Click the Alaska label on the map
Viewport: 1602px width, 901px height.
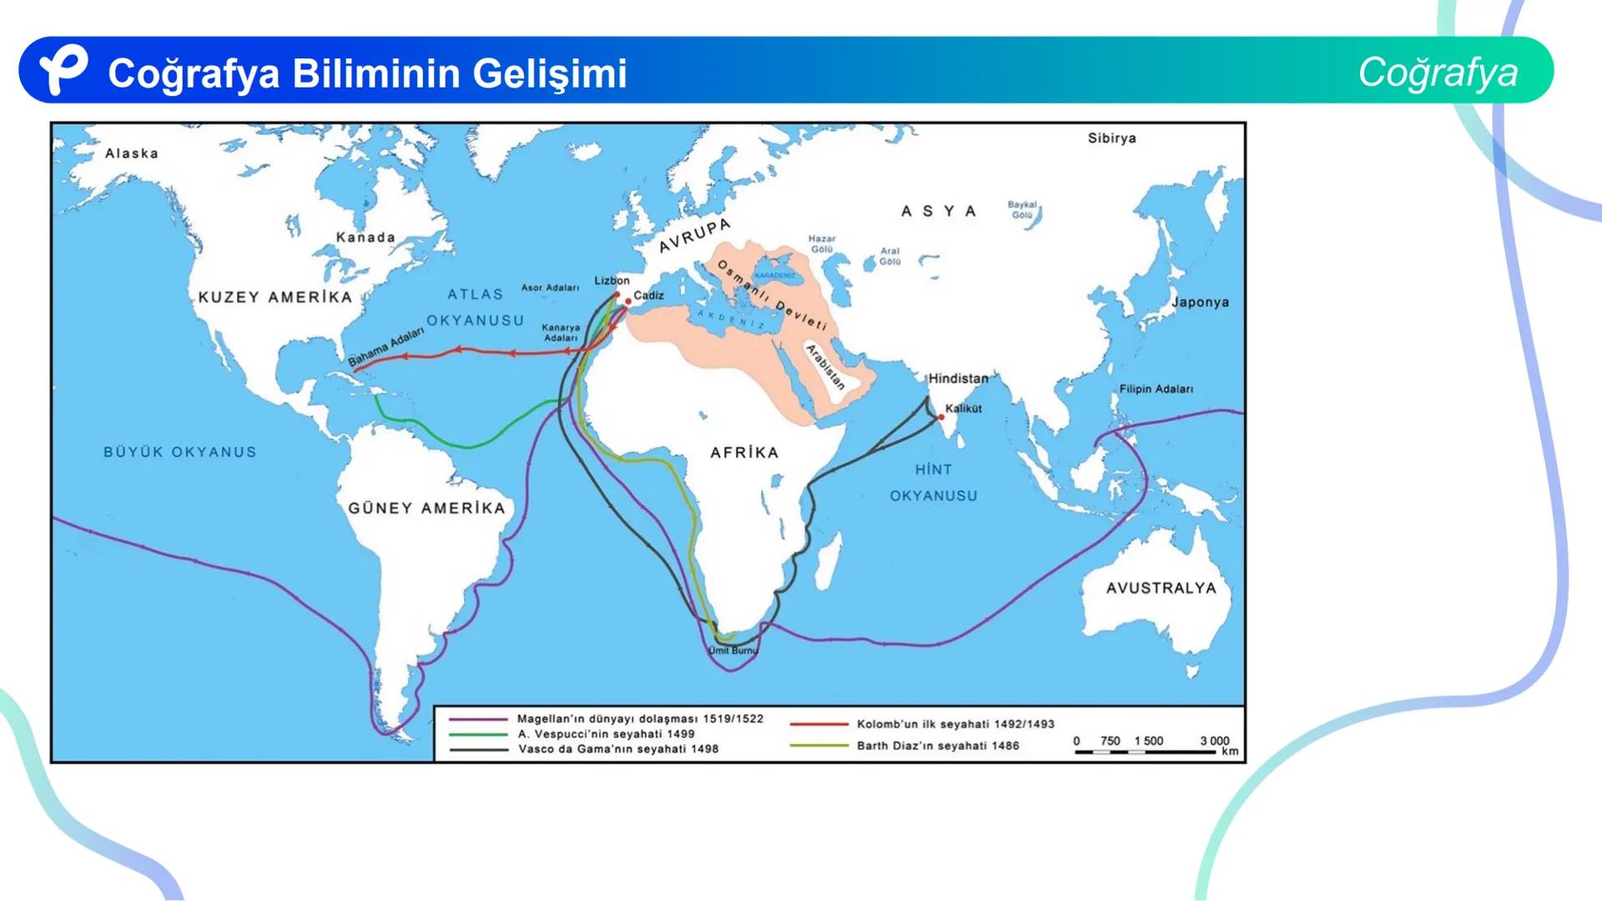pos(131,154)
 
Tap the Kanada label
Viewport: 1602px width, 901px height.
pos(365,238)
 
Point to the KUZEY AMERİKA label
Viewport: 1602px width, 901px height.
pos(275,298)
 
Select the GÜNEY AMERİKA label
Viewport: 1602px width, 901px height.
pos(426,508)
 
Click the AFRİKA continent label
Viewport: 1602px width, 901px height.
pos(744,453)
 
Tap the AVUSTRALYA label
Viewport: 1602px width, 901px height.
pos(1161,588)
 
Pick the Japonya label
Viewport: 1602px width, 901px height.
pos(1200,302)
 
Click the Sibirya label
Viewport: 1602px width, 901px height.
pos(1111,138)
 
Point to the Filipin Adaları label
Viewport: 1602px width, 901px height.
pos(1156,390)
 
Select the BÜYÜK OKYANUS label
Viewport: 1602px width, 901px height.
pos(180,452)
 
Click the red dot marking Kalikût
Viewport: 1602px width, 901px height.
pos(941,417)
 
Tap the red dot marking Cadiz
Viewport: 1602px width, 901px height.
pos(628,302)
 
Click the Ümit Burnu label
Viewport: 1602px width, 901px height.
pos(733,651)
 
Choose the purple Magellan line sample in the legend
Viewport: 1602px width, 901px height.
pos(478,719)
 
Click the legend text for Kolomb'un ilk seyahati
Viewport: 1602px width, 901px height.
pos(955,724)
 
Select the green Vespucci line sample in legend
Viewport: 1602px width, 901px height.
pos(478,735)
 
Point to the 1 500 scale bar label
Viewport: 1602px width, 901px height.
pos(1148,741)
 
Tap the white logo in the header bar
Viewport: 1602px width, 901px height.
pos(63,70)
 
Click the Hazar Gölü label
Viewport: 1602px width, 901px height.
pos(822,244)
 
